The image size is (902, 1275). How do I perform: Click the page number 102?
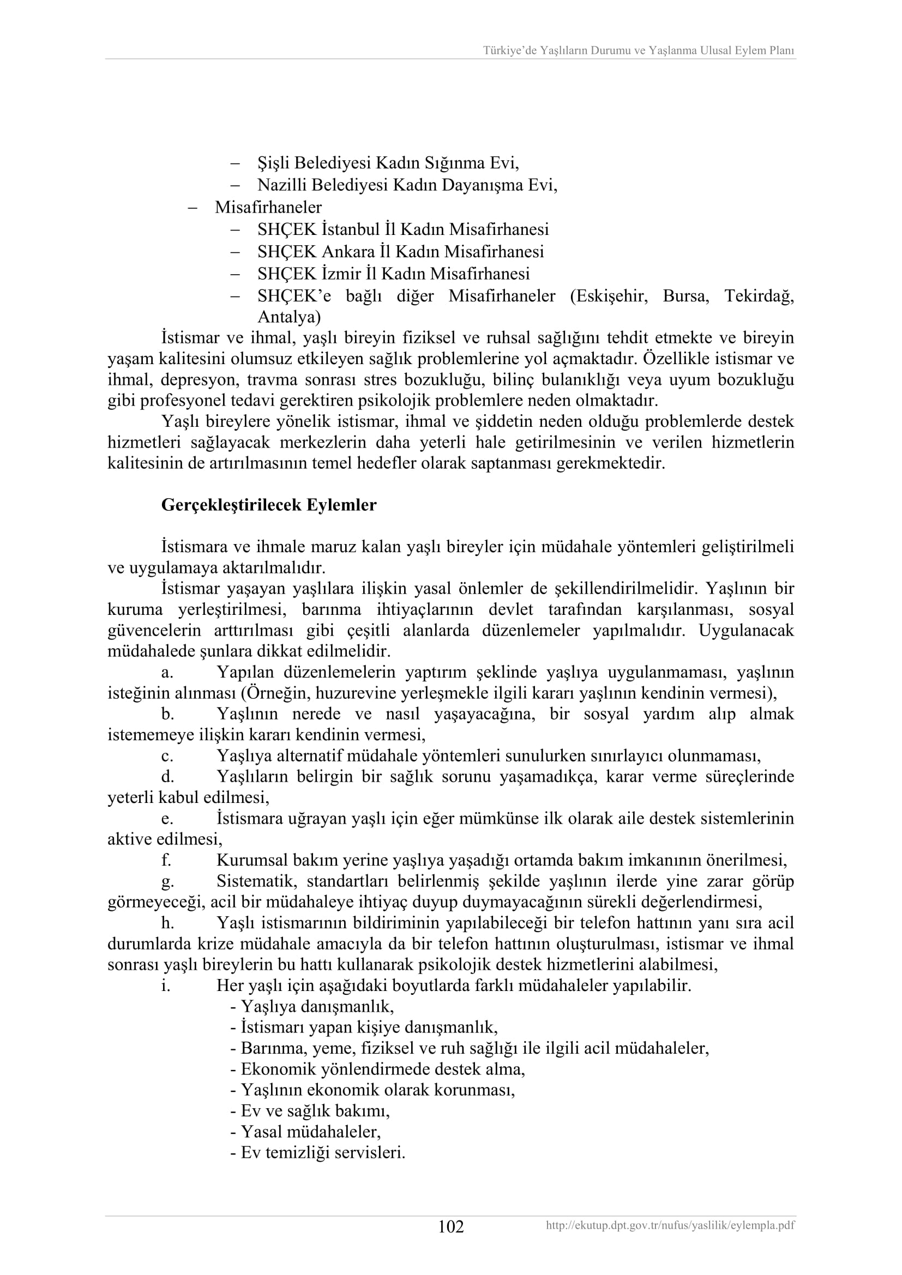[450, 1226]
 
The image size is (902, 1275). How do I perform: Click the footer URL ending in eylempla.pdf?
[670, 1225]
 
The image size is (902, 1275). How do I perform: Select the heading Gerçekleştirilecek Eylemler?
[269, 505]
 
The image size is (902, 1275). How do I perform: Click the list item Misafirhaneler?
[268, 207]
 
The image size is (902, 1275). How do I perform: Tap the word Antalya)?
[289, 317]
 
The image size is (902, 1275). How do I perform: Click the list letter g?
[167, 882]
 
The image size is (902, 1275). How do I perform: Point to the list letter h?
[167, 923]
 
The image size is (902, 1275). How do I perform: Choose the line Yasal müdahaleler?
[305, 1132]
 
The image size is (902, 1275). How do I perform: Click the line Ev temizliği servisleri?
[318, 1153]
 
